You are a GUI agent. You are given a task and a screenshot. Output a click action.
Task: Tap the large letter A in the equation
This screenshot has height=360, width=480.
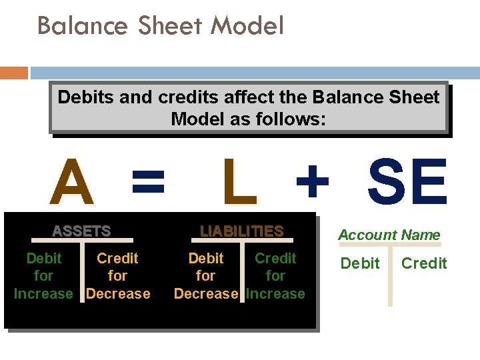[x=73, y=183]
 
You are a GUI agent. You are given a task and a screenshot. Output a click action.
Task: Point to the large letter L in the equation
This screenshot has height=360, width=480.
[x=239, y=183]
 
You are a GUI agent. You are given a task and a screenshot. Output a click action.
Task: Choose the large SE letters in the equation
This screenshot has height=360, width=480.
[x=407, y=183]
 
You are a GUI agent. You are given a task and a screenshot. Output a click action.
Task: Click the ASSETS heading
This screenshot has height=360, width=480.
[x=81, y=231]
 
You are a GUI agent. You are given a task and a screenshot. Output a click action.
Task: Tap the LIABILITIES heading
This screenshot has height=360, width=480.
[x=242, y=231]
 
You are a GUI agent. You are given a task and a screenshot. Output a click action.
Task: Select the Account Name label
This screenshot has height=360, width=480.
[x=389, y=235]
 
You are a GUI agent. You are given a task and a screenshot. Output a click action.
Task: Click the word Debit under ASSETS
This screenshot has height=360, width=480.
[x=43, y=258]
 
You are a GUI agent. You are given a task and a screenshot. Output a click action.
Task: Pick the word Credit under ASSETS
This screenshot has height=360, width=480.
[x=117, y=258]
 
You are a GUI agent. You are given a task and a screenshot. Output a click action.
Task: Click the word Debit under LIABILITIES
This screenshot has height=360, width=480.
[x=206, y=258]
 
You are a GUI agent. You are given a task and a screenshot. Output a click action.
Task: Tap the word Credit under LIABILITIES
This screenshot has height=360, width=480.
[x=275, y=258]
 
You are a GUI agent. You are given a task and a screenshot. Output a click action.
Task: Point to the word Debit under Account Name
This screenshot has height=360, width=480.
[x=359, y=263]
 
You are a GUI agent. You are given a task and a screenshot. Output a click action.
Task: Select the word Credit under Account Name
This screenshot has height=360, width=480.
[x=424, y=263]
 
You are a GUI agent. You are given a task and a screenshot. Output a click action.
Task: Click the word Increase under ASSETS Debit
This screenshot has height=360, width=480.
[x=43, y=293]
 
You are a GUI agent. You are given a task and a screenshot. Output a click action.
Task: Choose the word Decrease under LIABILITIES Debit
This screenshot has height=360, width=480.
[x=206, y=293]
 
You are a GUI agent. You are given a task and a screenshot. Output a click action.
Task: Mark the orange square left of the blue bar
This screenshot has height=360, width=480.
[x=14, y=72]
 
